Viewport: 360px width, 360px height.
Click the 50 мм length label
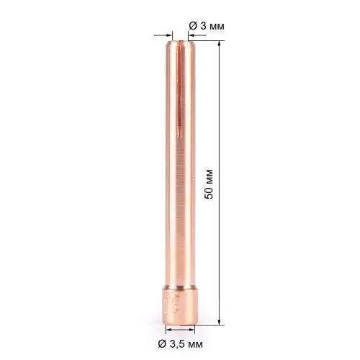[x=209, y=186]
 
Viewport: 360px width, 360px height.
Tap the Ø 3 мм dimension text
[x=207, y=26]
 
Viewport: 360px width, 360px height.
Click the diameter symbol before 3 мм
[x=192, y=26]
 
